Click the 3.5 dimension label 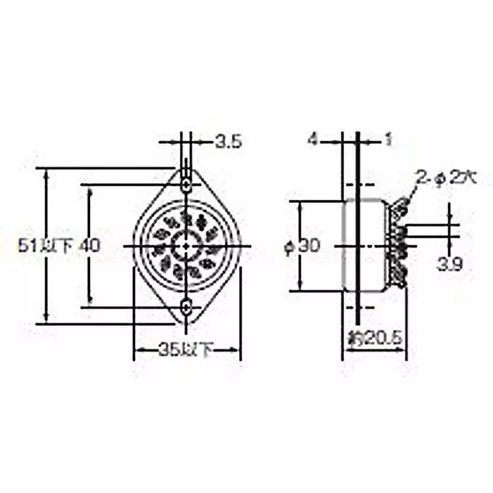228,142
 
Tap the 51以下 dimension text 46,245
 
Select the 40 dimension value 89,245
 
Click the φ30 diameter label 301,246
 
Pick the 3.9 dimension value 450,264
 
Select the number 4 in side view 312,141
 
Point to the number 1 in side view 388,141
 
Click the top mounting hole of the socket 185,184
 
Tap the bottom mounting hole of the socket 185,307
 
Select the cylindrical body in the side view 365,245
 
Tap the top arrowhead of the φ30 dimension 300,205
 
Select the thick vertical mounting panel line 357,246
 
